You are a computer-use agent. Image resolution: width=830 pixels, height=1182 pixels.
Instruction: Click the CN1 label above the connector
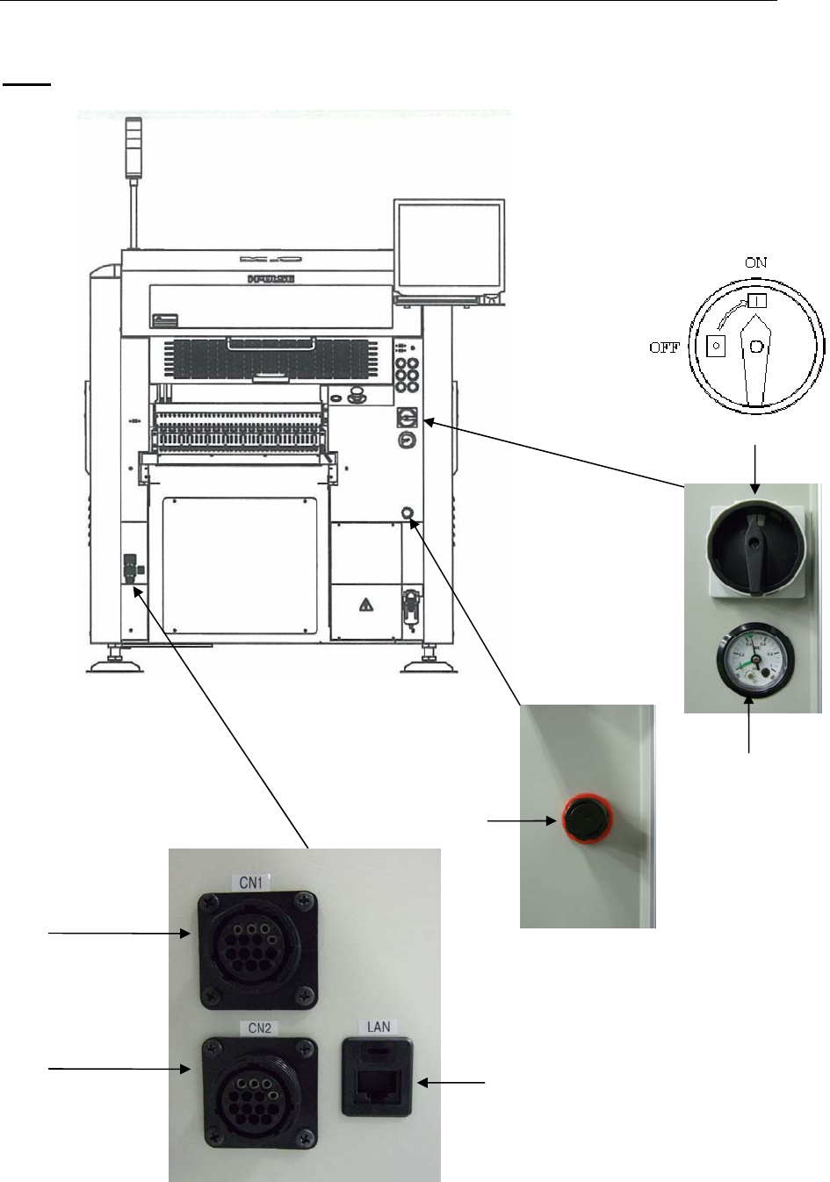click(252, 882)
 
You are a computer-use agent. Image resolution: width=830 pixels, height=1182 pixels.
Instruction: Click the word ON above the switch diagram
click(756, 261)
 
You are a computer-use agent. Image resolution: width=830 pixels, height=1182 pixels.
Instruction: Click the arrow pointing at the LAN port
click(451, 1084)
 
